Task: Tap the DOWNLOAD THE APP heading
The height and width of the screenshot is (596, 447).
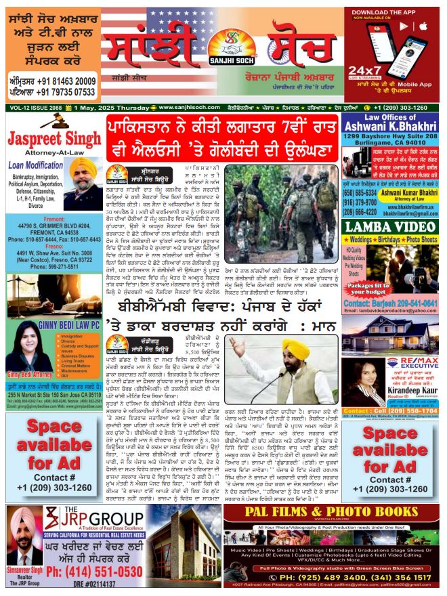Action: [392, 13]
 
